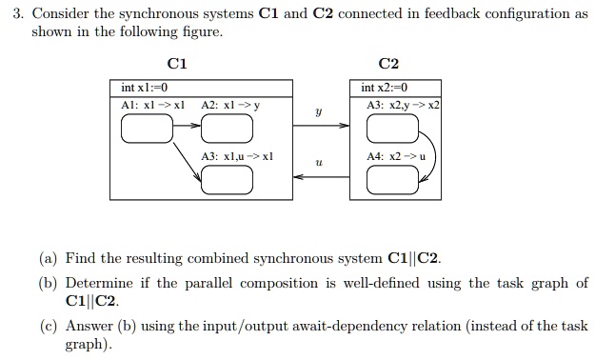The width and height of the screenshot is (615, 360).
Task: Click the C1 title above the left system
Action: click(x=176, y=64)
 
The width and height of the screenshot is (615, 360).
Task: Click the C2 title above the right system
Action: click(x=388, y=64)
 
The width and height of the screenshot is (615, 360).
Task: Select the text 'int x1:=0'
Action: click(x=144, y=89)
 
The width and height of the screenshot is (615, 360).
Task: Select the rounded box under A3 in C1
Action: click(x=227, y=178)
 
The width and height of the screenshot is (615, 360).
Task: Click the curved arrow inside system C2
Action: click(x=429, y=153)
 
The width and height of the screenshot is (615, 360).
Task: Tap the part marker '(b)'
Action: click(x=48, y=283)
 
